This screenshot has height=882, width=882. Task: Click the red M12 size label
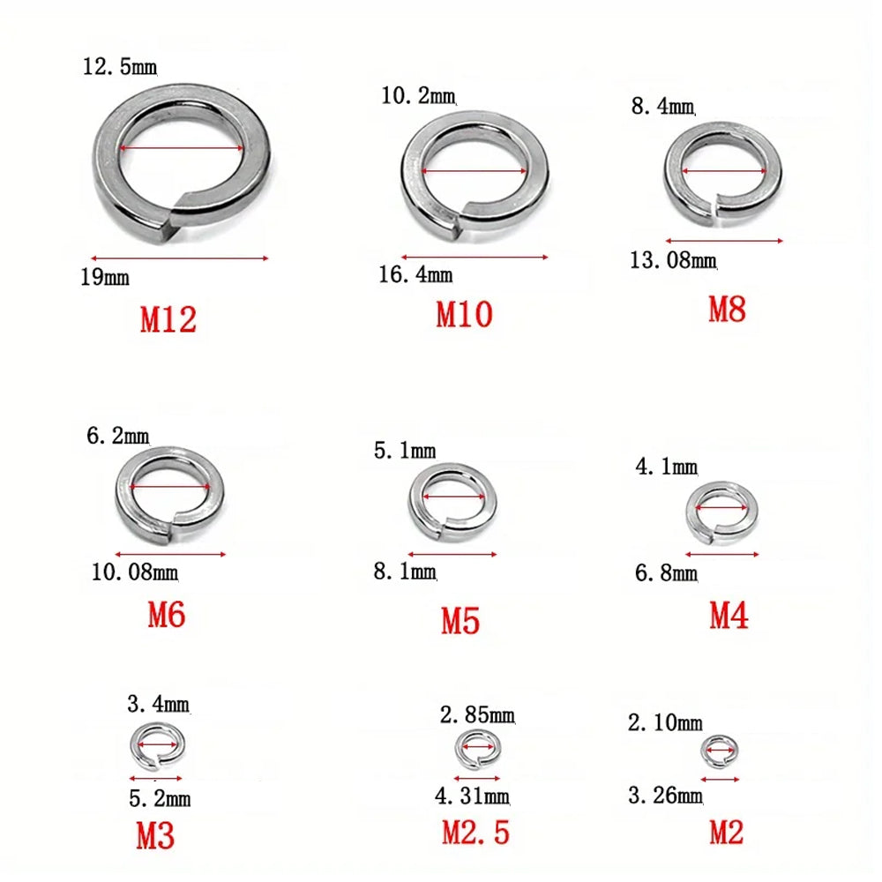click(x=168, y=319)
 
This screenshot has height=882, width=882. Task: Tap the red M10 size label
click(x=464, y=314)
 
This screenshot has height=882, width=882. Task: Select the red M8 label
click(x=727, y=309)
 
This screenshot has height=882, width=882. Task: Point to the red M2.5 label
click(x=475, y=833)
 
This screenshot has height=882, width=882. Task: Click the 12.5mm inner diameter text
click(x=120, y=66)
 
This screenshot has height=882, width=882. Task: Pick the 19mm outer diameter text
click(x=105, y=277)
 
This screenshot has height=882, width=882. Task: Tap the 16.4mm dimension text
click(x=415, y=274)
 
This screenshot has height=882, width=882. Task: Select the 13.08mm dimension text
click(x=673, y=260)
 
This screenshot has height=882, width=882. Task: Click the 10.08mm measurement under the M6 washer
click(x=135, y=572)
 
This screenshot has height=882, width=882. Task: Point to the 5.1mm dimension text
click(x=405, y=451)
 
